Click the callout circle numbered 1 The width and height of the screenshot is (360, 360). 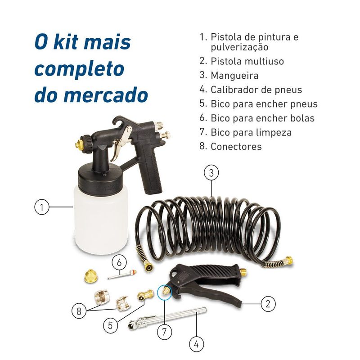coord(41,207)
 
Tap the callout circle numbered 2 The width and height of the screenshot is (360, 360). coord(268,304)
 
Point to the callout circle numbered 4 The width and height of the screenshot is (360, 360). coord(196,344)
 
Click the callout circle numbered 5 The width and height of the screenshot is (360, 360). coord(111,325)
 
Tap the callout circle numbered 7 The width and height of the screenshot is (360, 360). coord(165,332)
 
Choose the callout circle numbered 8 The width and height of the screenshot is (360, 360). coord(79,310)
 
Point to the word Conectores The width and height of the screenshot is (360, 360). coord(236,147)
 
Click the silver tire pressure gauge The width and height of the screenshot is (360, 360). coord(166,317)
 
